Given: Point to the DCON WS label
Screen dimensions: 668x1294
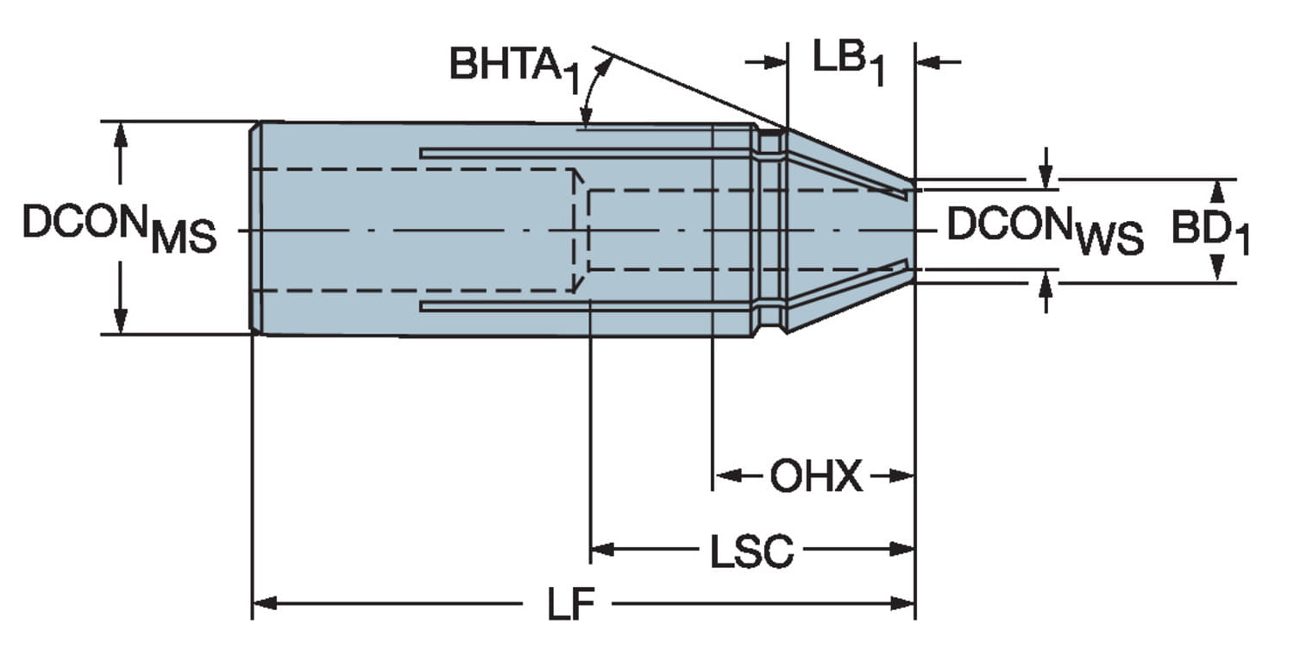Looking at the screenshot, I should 1045,230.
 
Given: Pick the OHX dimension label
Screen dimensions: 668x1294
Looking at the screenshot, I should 815,476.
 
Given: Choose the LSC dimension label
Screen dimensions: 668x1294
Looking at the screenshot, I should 751,551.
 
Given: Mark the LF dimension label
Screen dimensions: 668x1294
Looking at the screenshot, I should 572,603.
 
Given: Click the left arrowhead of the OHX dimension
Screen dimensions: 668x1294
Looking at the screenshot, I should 724,476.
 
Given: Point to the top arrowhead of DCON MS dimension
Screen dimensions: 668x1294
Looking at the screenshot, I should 120,133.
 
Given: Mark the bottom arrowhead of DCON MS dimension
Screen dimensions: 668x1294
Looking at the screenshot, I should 120,322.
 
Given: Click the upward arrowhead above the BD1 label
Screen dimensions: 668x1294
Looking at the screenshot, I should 1217,191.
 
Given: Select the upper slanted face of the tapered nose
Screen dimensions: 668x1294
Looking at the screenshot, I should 850,156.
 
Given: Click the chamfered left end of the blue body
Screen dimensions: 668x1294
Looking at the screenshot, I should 255,228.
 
